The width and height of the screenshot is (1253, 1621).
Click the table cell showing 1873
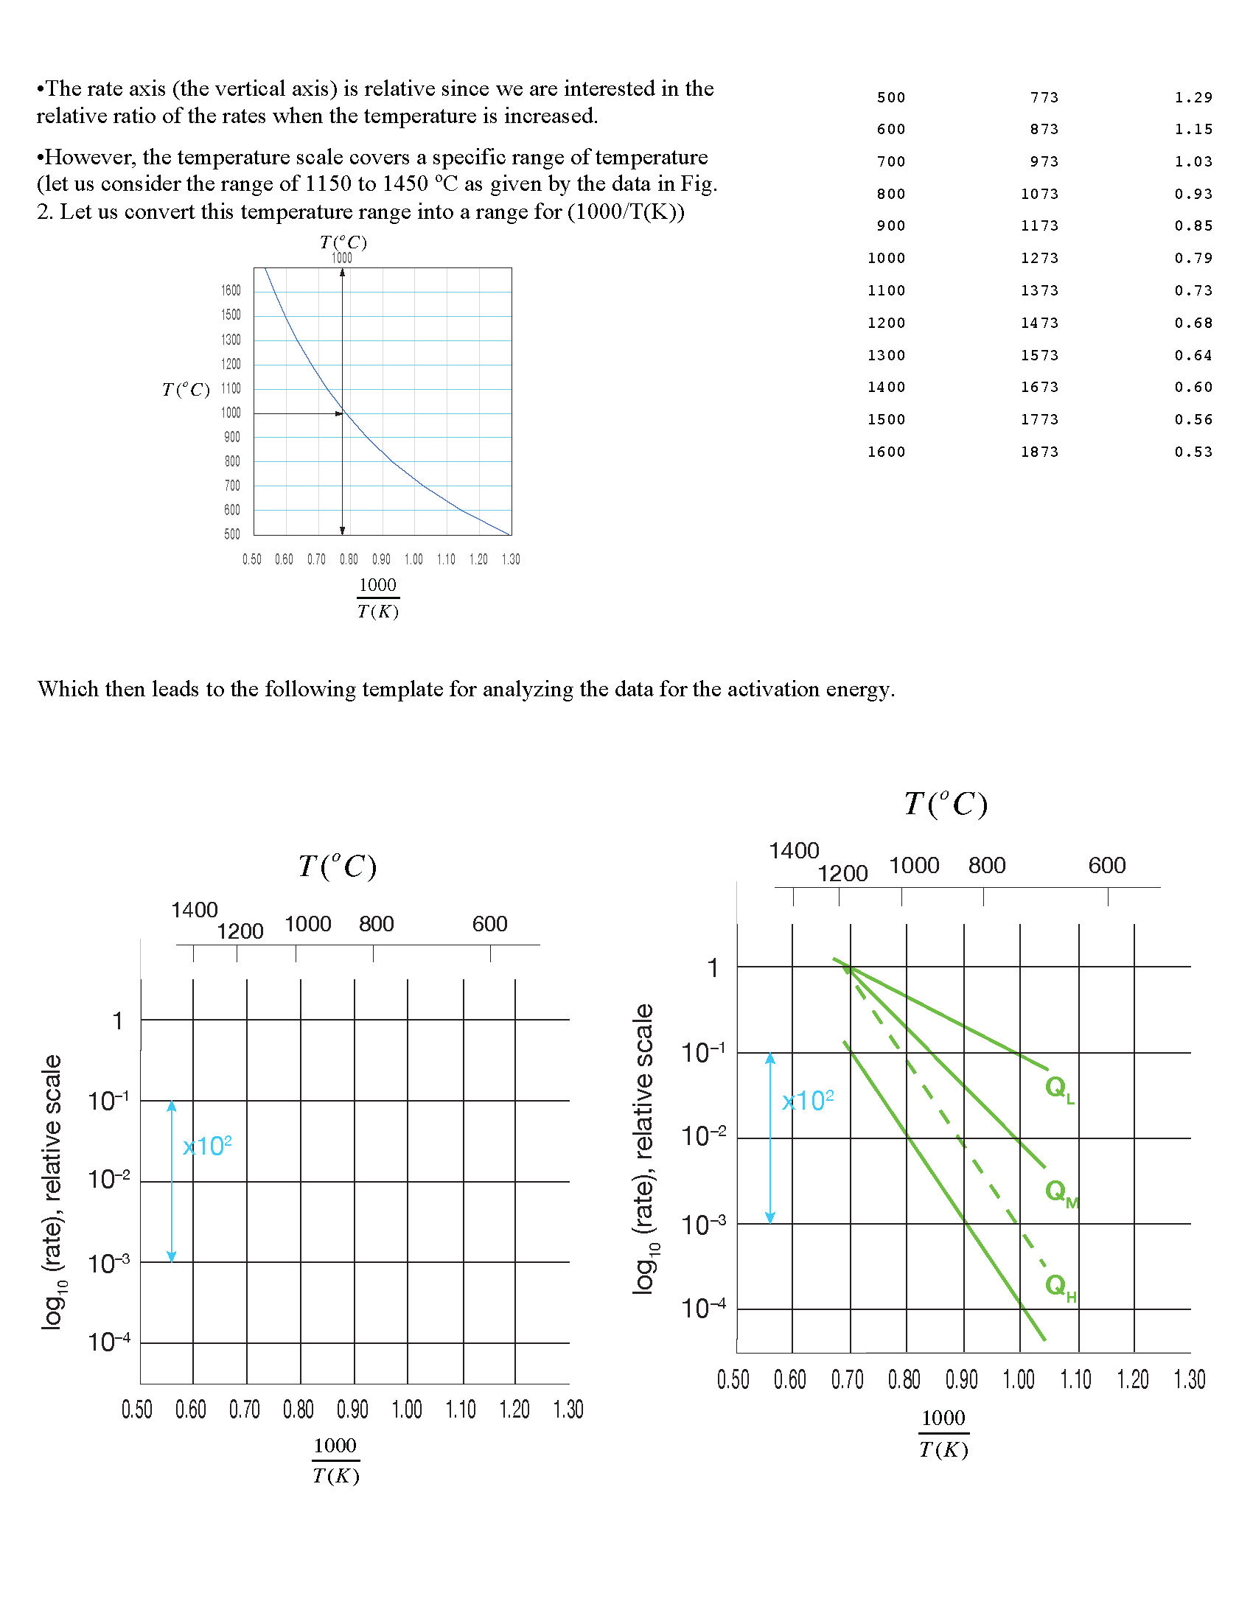pos(1039,452)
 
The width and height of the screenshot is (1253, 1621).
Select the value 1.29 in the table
pos(1193,97)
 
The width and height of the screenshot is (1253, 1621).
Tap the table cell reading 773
pos(1044,97)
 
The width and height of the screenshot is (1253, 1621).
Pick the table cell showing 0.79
pos(1193,259)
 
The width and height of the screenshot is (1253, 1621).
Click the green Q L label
pos(1059,1089)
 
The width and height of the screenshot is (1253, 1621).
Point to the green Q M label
pos(1061,1192)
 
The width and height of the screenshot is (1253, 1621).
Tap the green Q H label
pos(1060,1286)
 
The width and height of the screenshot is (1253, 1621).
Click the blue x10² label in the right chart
pos(808,1100)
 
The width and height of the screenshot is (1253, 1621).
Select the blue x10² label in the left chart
pos(207,1146)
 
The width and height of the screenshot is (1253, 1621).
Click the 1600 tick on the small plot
pos(231,290)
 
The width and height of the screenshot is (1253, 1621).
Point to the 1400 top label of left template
pos(195,910)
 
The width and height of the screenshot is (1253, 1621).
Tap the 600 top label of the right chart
pos(1107,866)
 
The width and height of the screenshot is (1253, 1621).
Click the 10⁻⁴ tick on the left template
pos(109,1342)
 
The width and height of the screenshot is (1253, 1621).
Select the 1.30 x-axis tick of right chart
pos(1189,1380)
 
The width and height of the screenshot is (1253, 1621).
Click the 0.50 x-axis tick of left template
pos(137,1410)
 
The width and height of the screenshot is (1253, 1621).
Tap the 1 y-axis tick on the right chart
pos(713,968)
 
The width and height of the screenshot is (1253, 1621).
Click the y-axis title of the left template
pos(52,1192)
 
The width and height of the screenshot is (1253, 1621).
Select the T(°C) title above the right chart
pos(946,805)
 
